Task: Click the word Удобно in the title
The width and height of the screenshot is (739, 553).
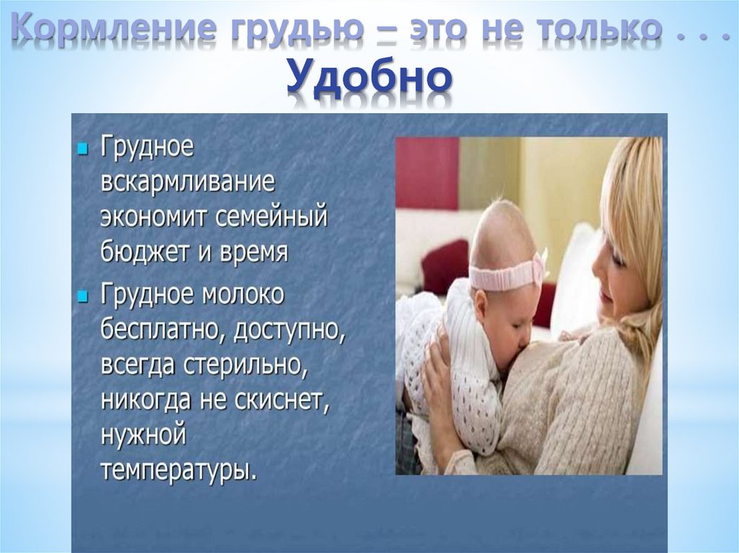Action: point(369,77)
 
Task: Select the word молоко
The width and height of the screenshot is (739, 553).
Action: point(245,294)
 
